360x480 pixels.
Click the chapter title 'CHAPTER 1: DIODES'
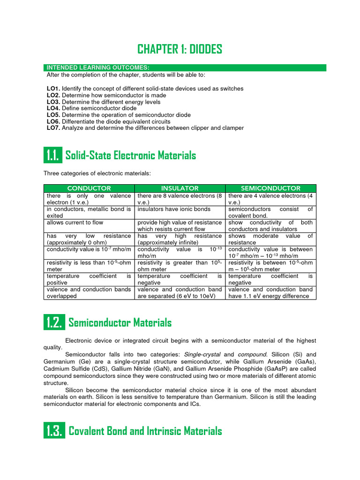pos(180,49)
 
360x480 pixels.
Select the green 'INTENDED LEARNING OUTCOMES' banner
pos(185,68)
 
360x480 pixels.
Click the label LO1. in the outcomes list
pos(53,89)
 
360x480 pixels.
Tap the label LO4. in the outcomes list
pos(53,108)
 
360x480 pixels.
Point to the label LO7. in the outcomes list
pos(53,128)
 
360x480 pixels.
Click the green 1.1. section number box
pos(52,155)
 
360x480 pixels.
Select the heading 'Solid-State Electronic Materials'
pos(131,155)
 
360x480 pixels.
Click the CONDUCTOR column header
pos(89,188)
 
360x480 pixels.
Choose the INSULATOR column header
pos(180,188)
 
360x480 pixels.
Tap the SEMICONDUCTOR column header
pos(270,188)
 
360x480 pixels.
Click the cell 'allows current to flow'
pos(75,223)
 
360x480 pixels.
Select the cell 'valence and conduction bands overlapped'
pos(89,292)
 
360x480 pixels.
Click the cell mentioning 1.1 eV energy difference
pos(270,292)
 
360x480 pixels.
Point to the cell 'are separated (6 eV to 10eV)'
pos(180,296)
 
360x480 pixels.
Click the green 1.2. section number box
pos(53,322)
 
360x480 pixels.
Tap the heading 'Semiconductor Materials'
pos(120,322)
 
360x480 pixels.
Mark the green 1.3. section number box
pos(53,431)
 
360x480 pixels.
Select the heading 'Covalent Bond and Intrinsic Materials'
pos(145,431)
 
